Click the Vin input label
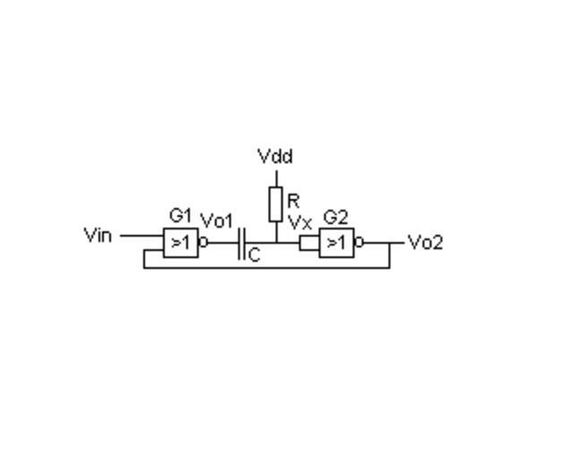click(x=98, y=235)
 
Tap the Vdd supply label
click(x=275, y=156)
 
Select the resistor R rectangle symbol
click(x=276, y=204)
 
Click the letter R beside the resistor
click(x=294, y=201)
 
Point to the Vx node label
click(x=300, y=222)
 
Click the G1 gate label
click(x=180, y=215)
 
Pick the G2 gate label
click(x=336, y=218)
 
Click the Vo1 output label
click(x=217, y=221)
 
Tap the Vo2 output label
click(x=425, y=243)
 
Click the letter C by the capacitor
click(x=254, y=255)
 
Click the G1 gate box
click(x=181, y=243)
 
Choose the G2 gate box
click(x=337, y=243)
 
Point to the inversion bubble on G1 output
click(x=203, y=242)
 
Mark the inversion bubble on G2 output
click(x=359, y=242)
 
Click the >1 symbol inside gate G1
click(x=180, y=242)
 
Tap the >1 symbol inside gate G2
click(x=337, y=242)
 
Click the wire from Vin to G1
click(x=141, y=236)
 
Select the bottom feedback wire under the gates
click(x=267, y=268)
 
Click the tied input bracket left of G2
click(x=309, y=244)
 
